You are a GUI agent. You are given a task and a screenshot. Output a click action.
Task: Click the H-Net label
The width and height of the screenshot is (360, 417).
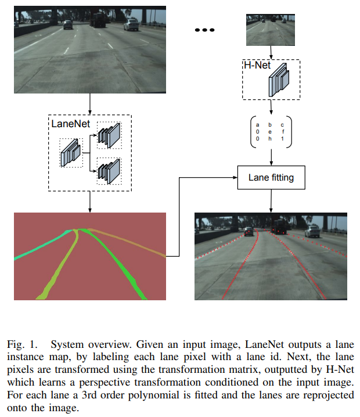tap(257, 64)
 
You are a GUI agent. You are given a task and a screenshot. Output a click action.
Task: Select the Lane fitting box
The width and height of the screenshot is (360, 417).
tap(271, 177)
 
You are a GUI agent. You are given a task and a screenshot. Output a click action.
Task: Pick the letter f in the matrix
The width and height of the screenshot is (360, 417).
tap(282, 132)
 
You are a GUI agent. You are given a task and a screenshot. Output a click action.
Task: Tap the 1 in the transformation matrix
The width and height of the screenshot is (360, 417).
tap(282, 139)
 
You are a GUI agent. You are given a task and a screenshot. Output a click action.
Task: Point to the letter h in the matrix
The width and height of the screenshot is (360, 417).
tap(269, 139)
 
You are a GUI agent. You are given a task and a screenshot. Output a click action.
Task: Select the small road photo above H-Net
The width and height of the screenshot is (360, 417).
tap(271, 30)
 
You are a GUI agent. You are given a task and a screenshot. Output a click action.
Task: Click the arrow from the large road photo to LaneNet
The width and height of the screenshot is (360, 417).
tap(90, 103)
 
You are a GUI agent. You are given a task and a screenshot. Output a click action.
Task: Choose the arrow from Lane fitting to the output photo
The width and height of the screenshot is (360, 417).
tap(271, 200)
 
